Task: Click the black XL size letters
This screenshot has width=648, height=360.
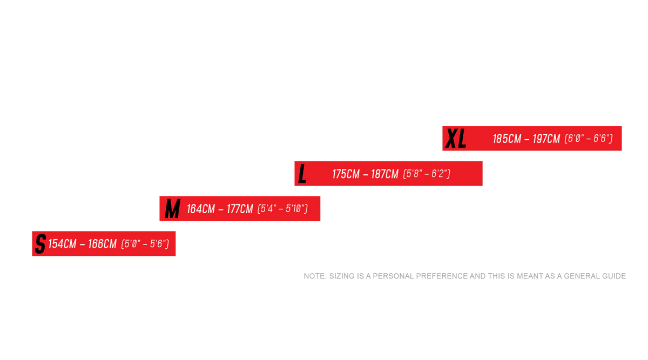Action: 456,139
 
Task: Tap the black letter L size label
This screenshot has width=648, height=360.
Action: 302,173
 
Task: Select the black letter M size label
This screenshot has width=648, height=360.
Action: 173,208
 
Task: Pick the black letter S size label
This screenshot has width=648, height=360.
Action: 40,244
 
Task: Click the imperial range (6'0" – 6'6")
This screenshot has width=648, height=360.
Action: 589,139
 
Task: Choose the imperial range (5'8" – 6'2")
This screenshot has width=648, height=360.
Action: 427,174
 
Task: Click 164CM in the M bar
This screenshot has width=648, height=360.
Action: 201,209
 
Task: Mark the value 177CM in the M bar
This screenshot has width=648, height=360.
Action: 240,209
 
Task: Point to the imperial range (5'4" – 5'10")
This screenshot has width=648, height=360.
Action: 282,209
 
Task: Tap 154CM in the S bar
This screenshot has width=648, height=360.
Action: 62,244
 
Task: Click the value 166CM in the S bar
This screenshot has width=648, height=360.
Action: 103,244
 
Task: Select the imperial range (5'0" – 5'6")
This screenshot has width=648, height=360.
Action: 145,244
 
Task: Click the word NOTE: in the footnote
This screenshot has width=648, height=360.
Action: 315,276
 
